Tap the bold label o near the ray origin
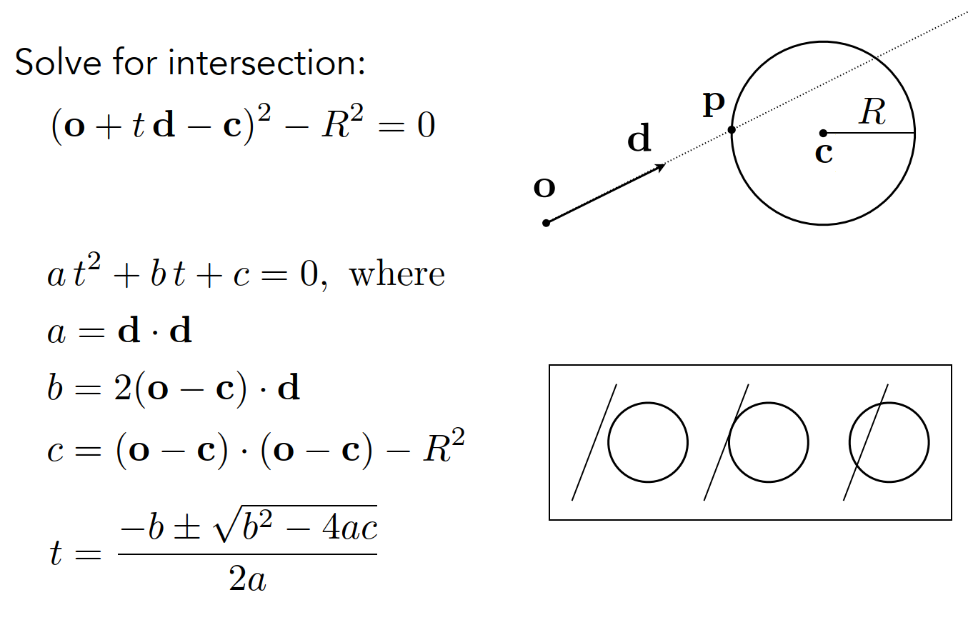[x=544, y=187]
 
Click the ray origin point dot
[x=547, y=223]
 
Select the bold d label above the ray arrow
[x=639, y=140]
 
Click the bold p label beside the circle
[x=713, y=105]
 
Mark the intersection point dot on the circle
[x=732, y=130]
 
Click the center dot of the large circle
[x=823, y=133]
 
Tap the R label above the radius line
[x=872, y=112]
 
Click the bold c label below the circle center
[x=824, y=152]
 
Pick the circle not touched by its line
[x=648, y=442]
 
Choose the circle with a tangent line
[x=769, y=442]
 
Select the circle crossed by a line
[x=889, y=442]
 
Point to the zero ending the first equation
[x=426, y=127]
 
